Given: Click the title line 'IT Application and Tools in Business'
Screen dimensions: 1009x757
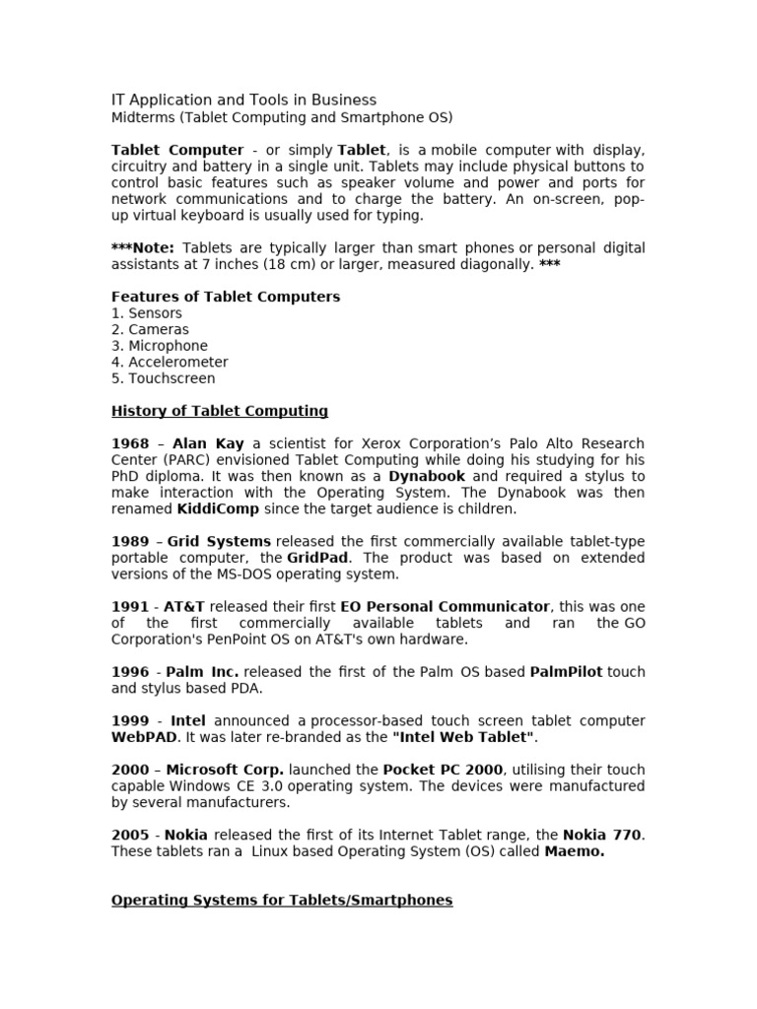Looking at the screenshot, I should point(243,100).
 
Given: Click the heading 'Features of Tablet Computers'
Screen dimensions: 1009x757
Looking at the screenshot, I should point(226,297).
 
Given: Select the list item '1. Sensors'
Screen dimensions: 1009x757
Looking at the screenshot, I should point(147,313).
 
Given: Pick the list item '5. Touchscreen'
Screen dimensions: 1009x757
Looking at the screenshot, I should point(163,378).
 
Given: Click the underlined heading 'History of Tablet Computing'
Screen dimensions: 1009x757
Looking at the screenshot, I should point(220,411).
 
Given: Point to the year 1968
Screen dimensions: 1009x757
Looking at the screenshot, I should point(130,443).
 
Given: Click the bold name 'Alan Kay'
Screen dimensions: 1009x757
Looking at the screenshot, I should point(208,443).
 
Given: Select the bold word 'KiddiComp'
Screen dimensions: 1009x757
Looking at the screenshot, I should point(218,509).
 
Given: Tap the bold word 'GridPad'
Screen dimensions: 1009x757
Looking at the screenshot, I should point(318,558).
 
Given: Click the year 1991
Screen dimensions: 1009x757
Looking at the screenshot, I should point(130,607).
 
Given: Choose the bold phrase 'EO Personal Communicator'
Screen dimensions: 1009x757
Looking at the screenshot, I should point(445,607).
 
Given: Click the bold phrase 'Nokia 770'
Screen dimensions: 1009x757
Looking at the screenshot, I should point(601,835).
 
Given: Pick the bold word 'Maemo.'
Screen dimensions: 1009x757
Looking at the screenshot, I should point(575,851).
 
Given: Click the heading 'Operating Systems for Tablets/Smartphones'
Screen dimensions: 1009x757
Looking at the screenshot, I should point(282,900).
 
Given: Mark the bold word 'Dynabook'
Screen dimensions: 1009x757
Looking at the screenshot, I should point(427,476).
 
